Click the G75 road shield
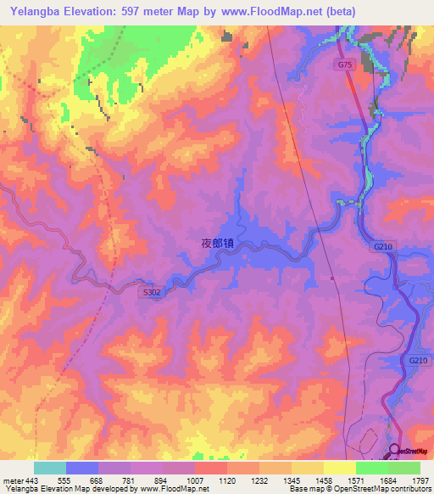click(x=344, y=65)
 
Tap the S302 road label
click(x=151, y=291)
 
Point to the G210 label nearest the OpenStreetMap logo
click(x=418, y=361)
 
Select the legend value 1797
click(x=420, y=480)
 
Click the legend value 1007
click(x=195, y=480)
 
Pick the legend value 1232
click(x=259, y=480)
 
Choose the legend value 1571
click(x=356, y=480)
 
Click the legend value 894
click(x=163, y=480)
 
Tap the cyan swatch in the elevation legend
click(x=49, y=468)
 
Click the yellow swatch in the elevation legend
click(x=339, y=468)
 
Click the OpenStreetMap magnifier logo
click(x=395, y=452)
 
